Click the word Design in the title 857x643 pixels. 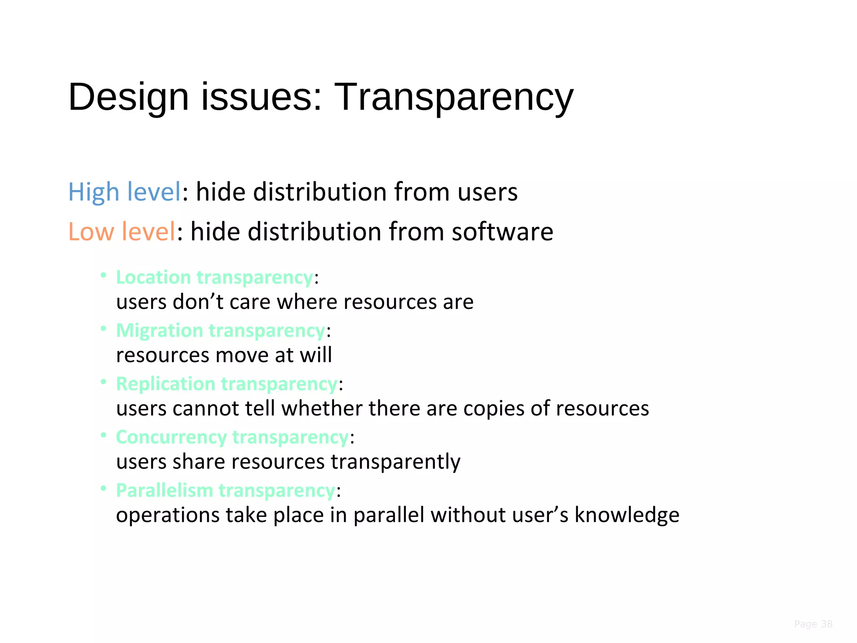pyautogui.click(x=128, y=98)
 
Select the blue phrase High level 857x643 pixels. pyautogui.click(x=124, y=192)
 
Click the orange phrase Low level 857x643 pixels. pyautogui.click(x=121, y=232)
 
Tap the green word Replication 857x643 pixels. pyautogui.click(x=165, y=384)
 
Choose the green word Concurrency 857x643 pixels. pyautogui.click(x=171, y=437)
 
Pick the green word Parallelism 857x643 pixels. pyautogui.click(x=164, y=490)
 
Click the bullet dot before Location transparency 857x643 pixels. pyautogui.click(x=103, y=275)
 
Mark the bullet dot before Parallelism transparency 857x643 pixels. pyautogui.click(x=103, y=488)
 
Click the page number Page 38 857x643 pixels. pyautogui.click(x=813, y=624)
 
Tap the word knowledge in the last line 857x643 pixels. pyautogui.click(x=626, y=515)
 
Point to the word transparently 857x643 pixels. pyautogui.click(x=395, y=462)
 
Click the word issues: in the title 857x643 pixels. pyautogui.click(x=262, y=98)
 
